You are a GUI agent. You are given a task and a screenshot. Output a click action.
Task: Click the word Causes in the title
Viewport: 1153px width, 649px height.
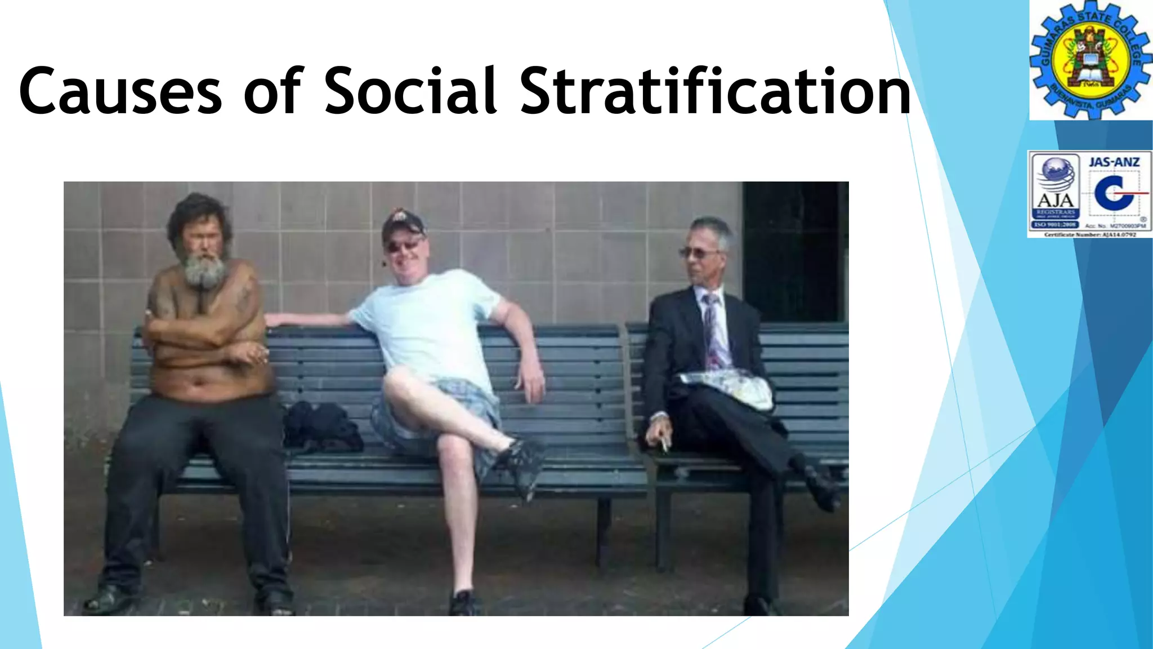(121, 91)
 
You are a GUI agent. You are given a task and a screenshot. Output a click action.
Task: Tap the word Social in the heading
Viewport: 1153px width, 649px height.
(411, 91)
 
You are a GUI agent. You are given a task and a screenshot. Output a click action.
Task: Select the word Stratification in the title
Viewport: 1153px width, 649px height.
(715, 91)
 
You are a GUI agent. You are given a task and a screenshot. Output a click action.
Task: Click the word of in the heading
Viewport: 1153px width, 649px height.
(274, 91)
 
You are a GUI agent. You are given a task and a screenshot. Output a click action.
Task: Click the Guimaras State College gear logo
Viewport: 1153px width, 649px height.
(1091, 60)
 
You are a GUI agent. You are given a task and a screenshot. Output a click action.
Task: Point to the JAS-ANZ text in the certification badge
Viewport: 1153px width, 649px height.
(1114, 162)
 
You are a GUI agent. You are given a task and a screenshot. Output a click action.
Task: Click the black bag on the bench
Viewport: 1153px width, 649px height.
(321, 427)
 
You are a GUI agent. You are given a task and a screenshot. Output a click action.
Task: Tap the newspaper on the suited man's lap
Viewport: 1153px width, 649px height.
(729, 389)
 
